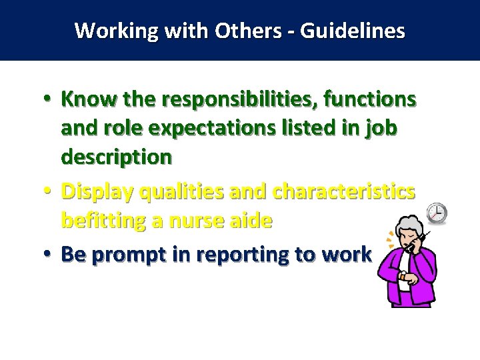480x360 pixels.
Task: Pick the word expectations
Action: point(203,129)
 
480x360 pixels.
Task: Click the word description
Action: point(117,157)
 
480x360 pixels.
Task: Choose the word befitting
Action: point(103,221)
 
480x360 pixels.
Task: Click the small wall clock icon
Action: point(437,213)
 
